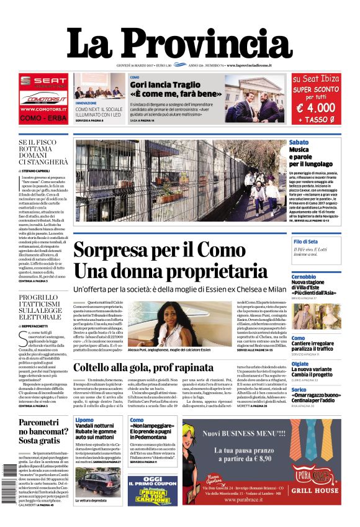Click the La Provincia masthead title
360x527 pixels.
click(179, 45)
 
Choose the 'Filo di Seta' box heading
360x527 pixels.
click(305, 241)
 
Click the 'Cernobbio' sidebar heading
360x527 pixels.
click(304, 276)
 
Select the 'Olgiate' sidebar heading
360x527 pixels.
click(300, 364)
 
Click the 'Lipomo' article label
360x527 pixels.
click(84, 420)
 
